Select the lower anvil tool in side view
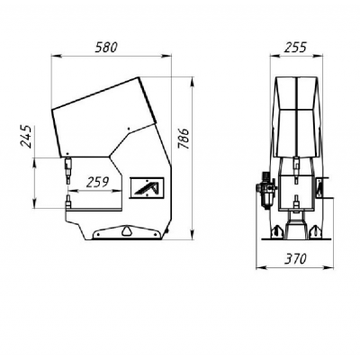coord(67,205)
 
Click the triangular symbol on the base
coord(127,232)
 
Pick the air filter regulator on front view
coord(265,190)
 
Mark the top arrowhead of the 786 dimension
coord(193,78)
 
